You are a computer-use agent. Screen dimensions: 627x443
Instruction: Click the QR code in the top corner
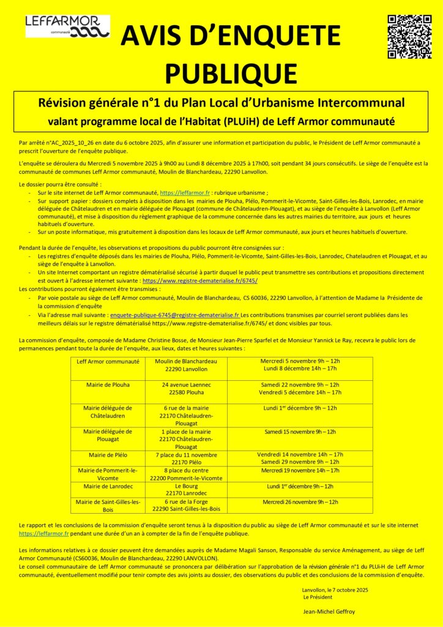tap(409, 37)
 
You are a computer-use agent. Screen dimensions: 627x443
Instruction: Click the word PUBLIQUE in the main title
tap(231, 73)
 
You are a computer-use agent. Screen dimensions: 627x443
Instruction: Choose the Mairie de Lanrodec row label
tap(108, 486)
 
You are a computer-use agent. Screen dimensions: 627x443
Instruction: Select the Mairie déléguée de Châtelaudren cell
tap(108, 411)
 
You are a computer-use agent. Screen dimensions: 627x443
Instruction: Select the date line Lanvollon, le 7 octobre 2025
tap(335, 589)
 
